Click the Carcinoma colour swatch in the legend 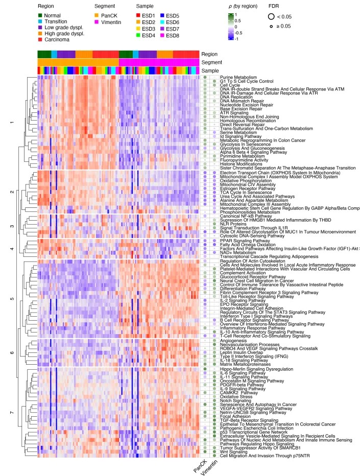click(41, 39)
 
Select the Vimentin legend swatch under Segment click(97, 22)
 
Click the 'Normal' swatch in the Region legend click(41, 16)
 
